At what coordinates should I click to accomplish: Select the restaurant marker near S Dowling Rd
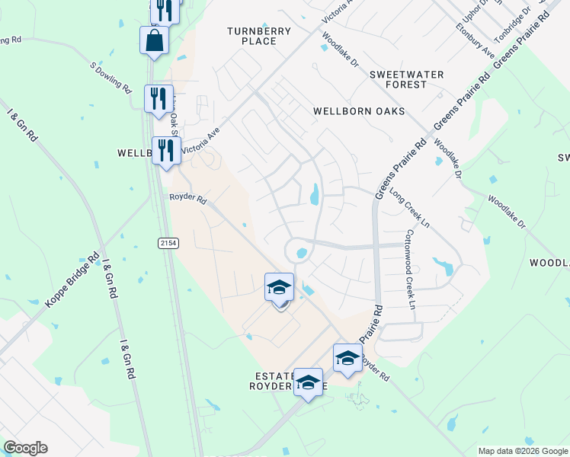[159, 100]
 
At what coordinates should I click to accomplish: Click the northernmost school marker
[280, 288]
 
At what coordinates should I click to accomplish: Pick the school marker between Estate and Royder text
[309, 382]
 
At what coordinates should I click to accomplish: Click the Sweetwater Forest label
[398, 79]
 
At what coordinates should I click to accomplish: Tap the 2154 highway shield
[169, 242]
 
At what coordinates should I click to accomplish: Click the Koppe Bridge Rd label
[72, 280]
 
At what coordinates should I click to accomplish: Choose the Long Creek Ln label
[410, 209]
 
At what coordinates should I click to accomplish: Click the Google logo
[25, 448]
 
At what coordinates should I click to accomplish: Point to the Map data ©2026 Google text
[522, 451]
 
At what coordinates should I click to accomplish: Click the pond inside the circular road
[301, 253]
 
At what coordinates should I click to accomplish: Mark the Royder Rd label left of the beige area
[187, 200]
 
